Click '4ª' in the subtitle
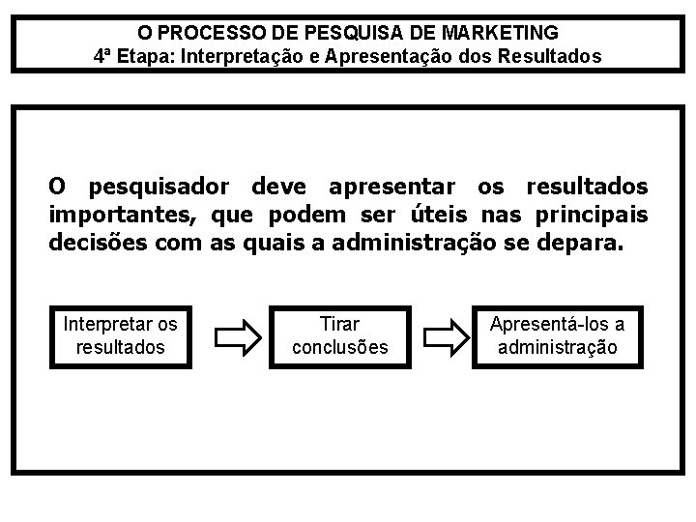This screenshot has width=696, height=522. [x=104, y=56]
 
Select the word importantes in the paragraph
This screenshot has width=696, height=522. [x=121, y=213]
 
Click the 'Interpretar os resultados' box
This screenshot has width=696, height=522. [x=121, y=334]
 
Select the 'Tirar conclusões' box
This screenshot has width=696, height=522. [x=339, y=334]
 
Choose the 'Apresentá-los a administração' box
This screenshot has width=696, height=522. [x=558, y=334]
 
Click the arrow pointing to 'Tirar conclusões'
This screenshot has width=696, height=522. [x=236, y=335]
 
